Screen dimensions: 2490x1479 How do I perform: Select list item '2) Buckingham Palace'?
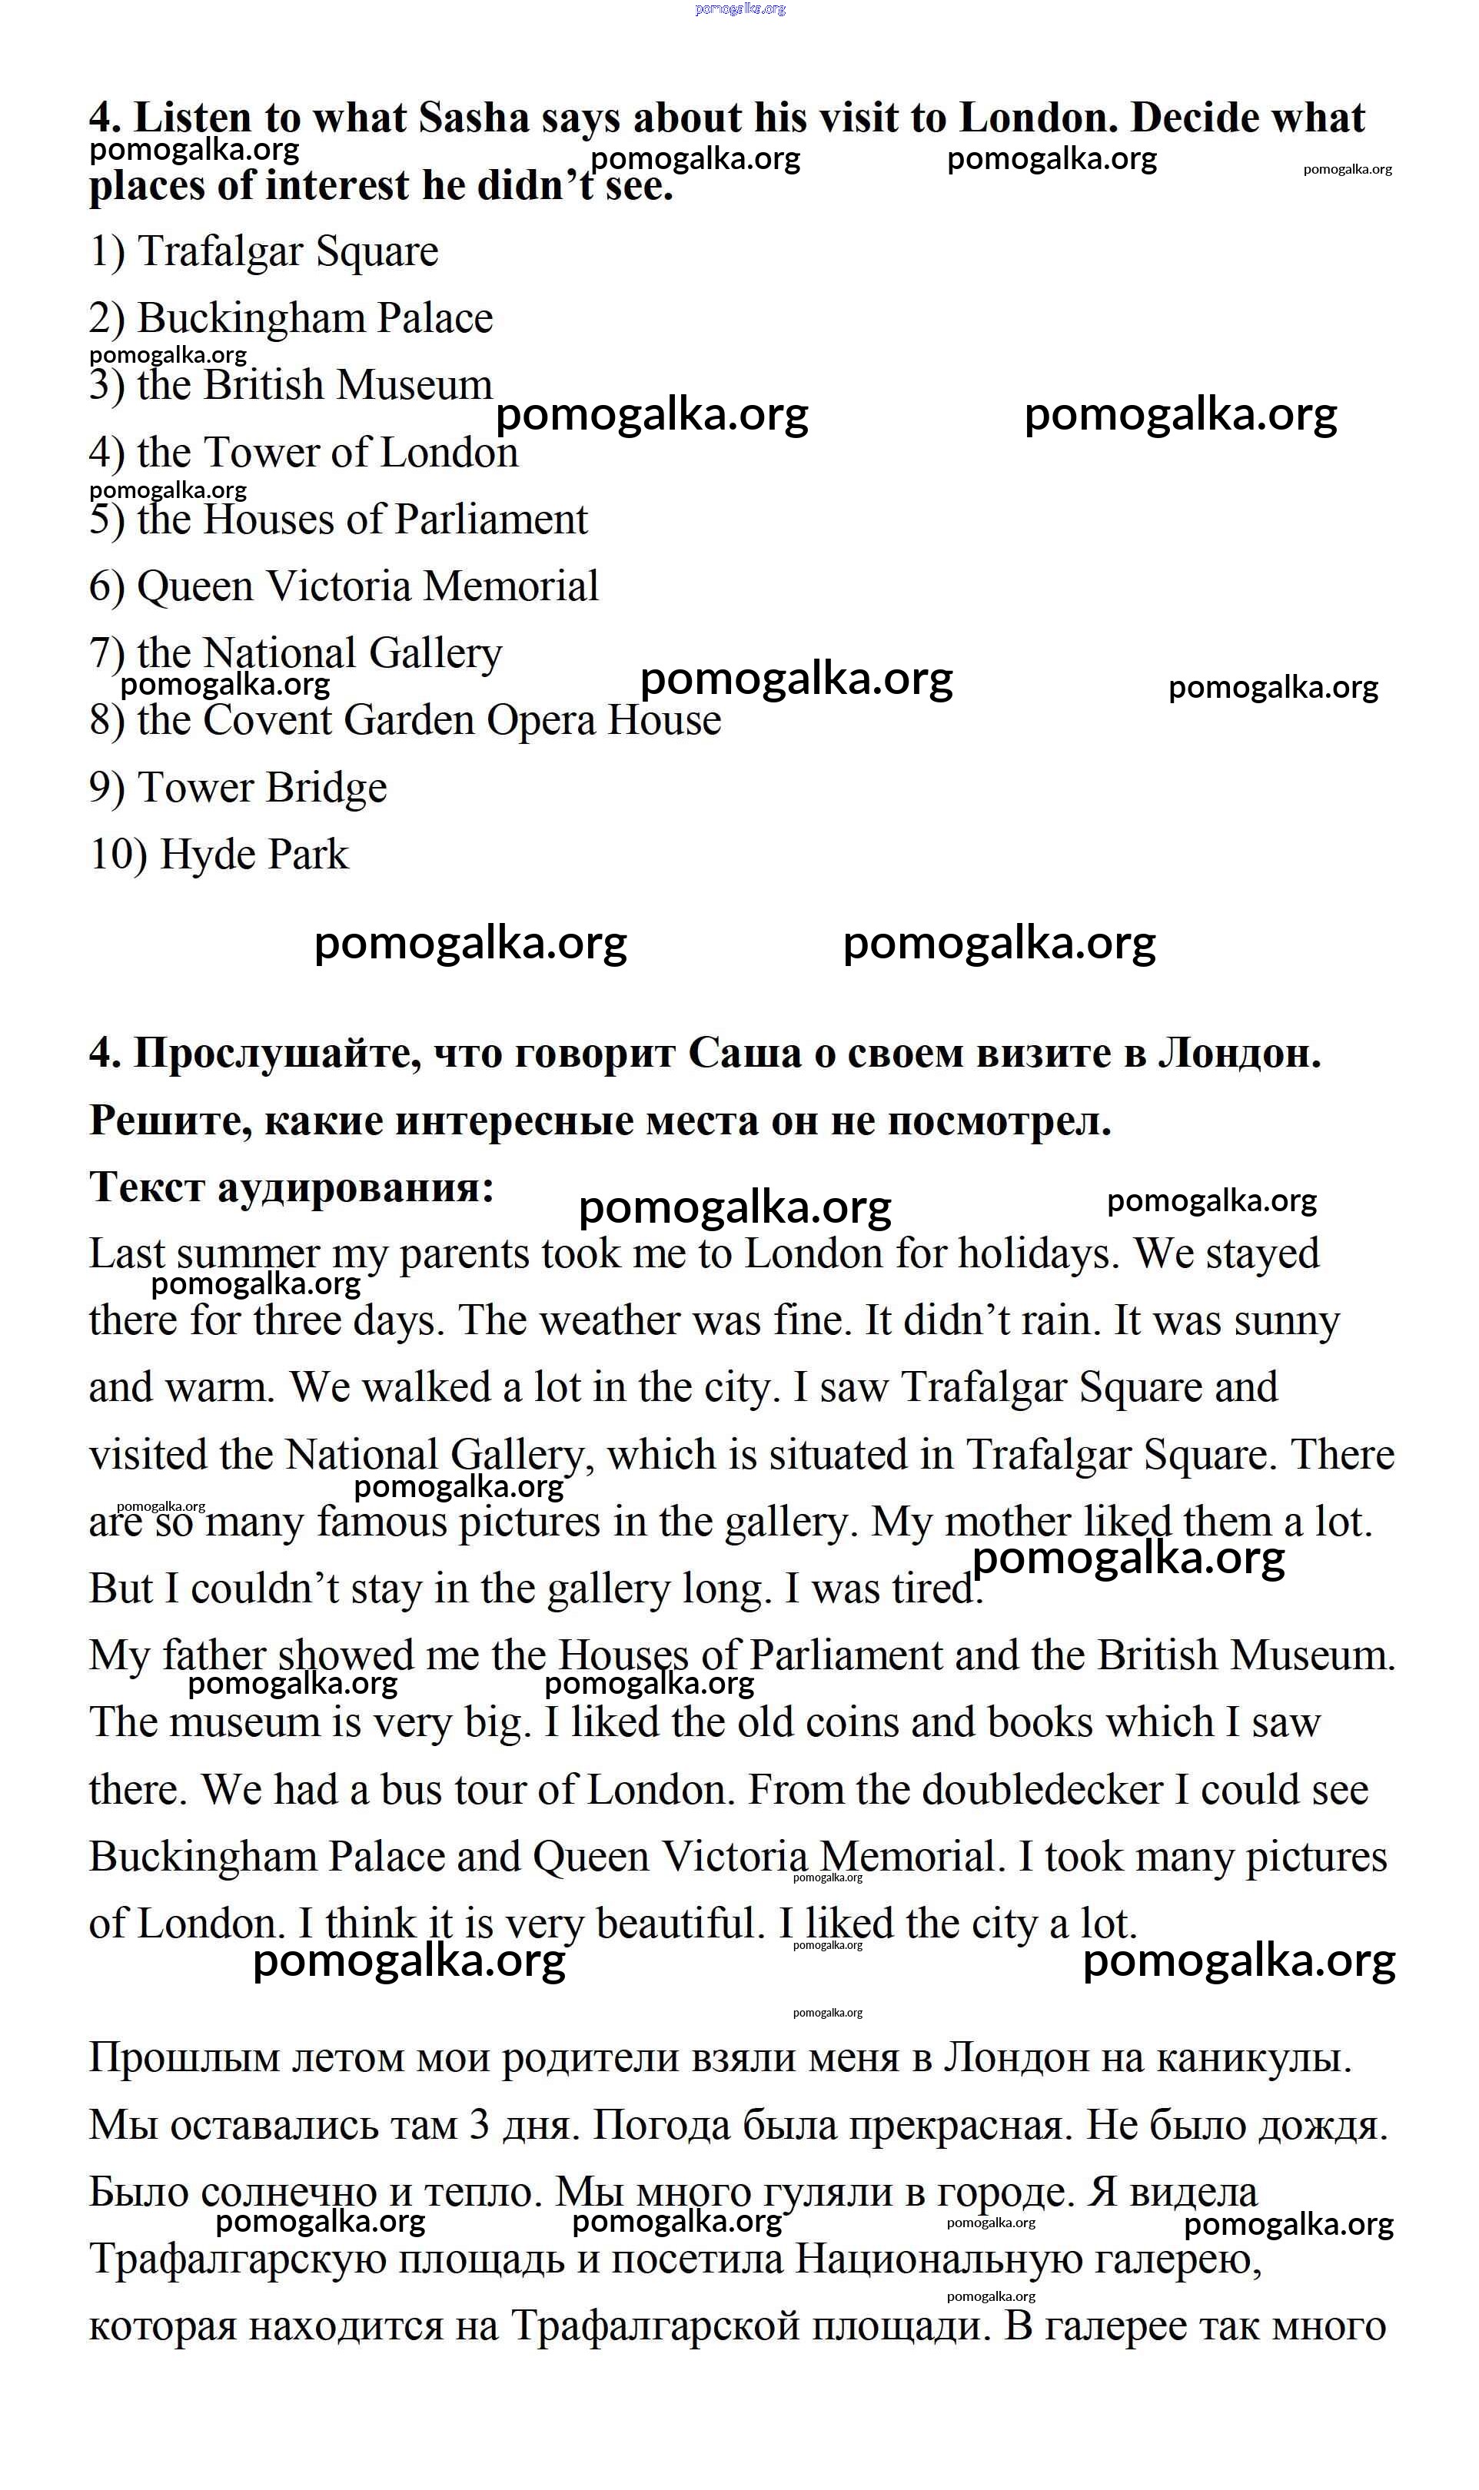tap(291, 319)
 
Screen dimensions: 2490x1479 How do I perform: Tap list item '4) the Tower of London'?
tap(303, 453)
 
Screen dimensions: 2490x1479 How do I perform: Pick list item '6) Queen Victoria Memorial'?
tap(344, 587)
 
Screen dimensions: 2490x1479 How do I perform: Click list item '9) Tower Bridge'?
tap(238, 788)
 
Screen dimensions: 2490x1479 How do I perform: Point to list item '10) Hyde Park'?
tap(219, 855)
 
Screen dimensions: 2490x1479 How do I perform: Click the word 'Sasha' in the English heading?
tap(474, 118)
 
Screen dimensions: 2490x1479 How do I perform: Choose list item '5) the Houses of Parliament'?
tap(339, 520)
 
